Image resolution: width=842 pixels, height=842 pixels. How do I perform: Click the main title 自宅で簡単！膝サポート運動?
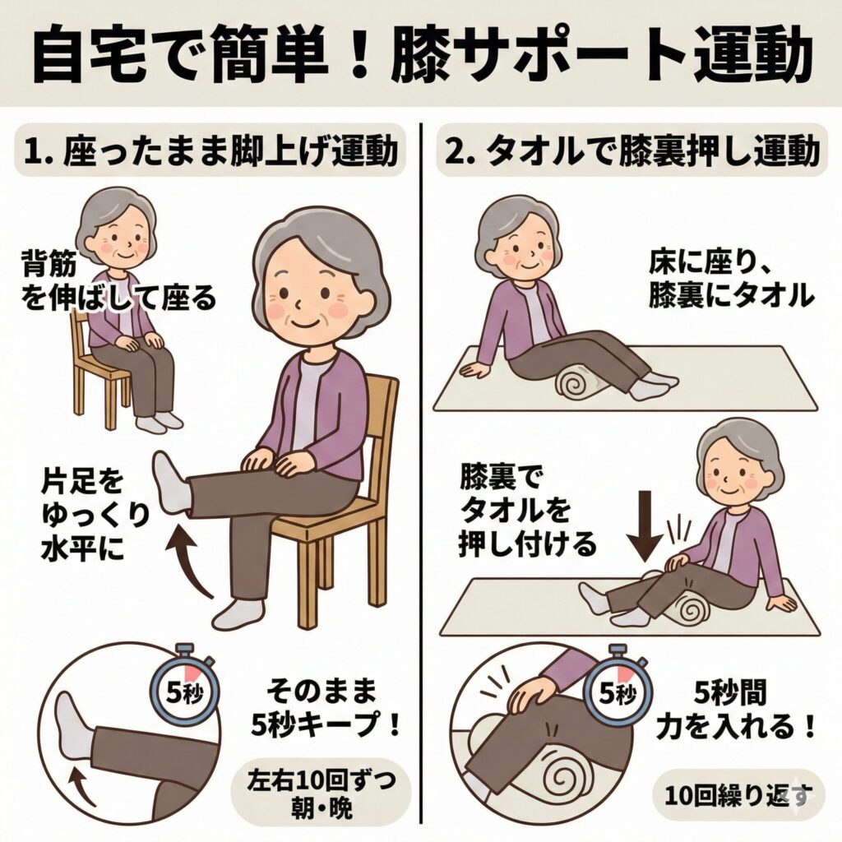[421, 55]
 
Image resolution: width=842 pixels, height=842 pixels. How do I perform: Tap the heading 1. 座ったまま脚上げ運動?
[210, 152]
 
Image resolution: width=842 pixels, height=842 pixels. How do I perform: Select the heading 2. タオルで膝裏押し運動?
[632, 152]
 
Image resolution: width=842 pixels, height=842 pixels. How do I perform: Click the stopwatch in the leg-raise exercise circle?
[183, 691]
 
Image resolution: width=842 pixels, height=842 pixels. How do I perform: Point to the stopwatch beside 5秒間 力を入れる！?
[618, 691]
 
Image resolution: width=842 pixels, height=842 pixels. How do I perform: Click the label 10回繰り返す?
[737, 795]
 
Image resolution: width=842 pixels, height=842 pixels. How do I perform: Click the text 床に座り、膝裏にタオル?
[730, 280]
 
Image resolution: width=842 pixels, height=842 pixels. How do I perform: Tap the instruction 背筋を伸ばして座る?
[118, 280]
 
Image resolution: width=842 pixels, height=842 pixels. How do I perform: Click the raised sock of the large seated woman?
[172, 482]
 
